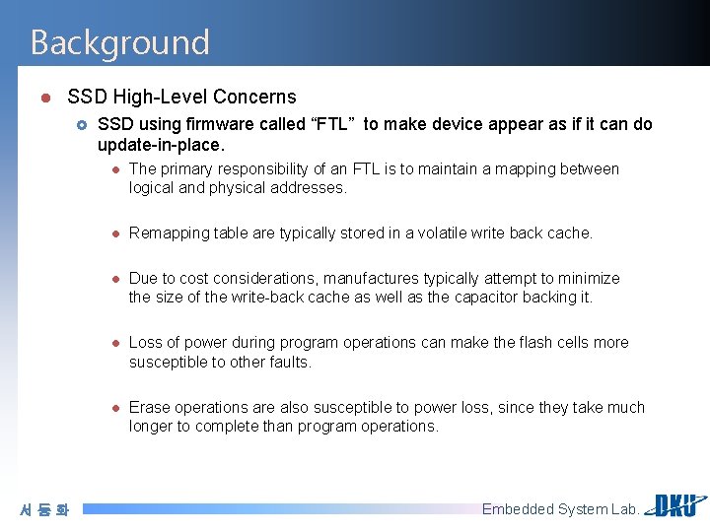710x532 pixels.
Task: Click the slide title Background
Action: [x=119, y=42]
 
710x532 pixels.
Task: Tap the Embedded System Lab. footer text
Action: [x=560, y=509]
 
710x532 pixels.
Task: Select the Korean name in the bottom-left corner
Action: [x=45, y=509]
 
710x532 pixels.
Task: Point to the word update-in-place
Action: [x=160, y=145]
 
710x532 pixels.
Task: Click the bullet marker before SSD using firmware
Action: [x=83, y=125]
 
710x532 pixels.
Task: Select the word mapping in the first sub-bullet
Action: [x=511, y=169]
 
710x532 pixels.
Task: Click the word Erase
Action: [x=149, y=408]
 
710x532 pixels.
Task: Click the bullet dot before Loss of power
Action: [x=114, y=344]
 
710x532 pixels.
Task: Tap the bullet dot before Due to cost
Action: [x=114, y=280]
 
